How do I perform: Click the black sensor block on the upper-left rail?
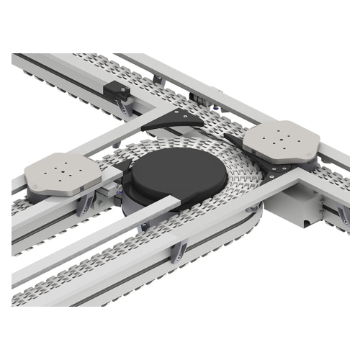coord(117,93)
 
